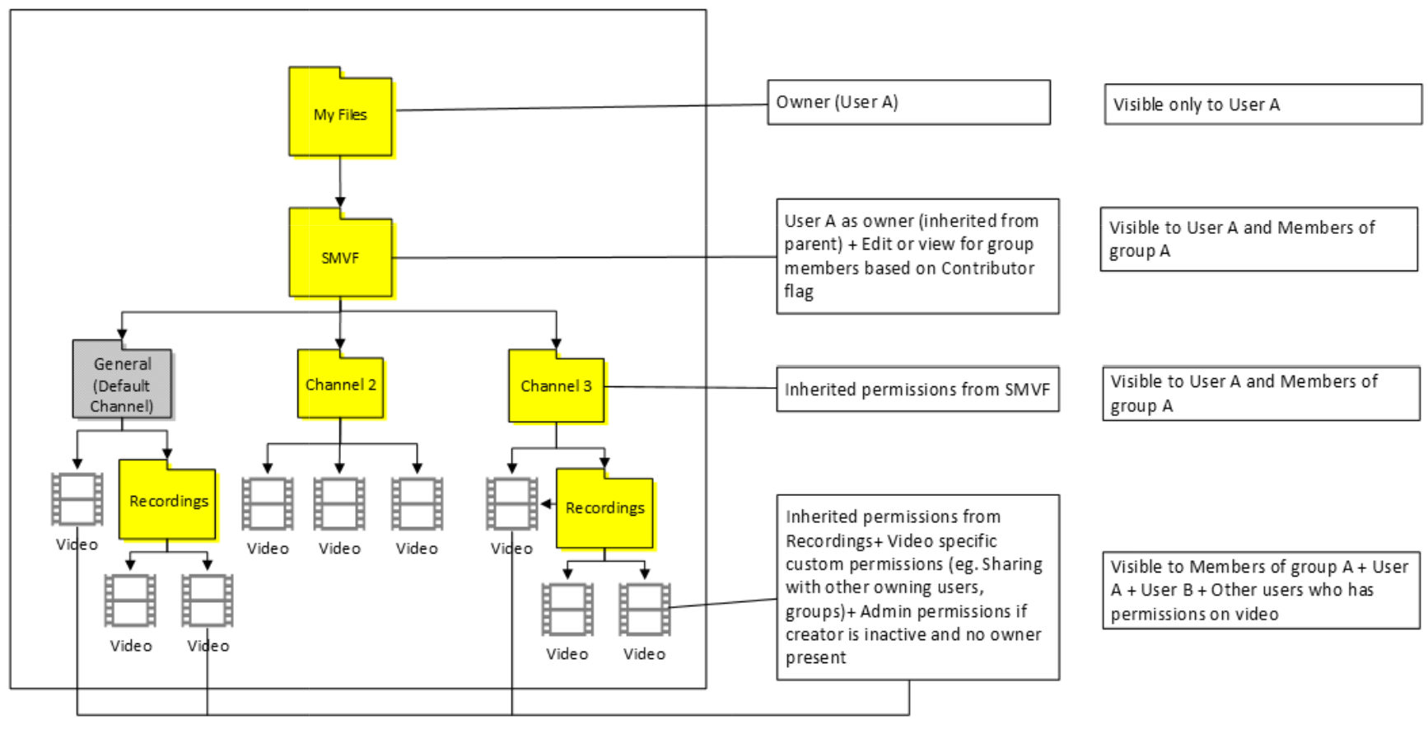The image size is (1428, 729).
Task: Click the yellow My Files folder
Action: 340,114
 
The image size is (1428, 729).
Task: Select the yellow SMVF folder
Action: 340,256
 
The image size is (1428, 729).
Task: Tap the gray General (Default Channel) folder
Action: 122,384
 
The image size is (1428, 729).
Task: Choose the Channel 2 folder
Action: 340,385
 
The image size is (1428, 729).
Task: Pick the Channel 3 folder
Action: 556,386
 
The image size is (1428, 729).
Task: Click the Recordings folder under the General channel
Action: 168,501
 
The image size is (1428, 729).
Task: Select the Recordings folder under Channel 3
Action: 604,508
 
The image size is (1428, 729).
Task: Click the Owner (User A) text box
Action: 908,102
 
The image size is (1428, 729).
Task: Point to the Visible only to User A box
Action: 1262,105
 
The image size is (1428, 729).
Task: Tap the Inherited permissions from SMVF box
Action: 917,389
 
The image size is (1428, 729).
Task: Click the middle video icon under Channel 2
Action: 339,503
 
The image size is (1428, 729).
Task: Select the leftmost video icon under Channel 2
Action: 268,503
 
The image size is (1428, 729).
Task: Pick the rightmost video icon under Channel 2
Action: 417,503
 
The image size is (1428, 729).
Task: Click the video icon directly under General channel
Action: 77,499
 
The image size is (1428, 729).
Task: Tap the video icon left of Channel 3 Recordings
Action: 511,503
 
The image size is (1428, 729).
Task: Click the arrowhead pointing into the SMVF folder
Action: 340,203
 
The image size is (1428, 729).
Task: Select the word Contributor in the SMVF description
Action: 987,269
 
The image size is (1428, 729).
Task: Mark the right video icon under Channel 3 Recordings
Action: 644,610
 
